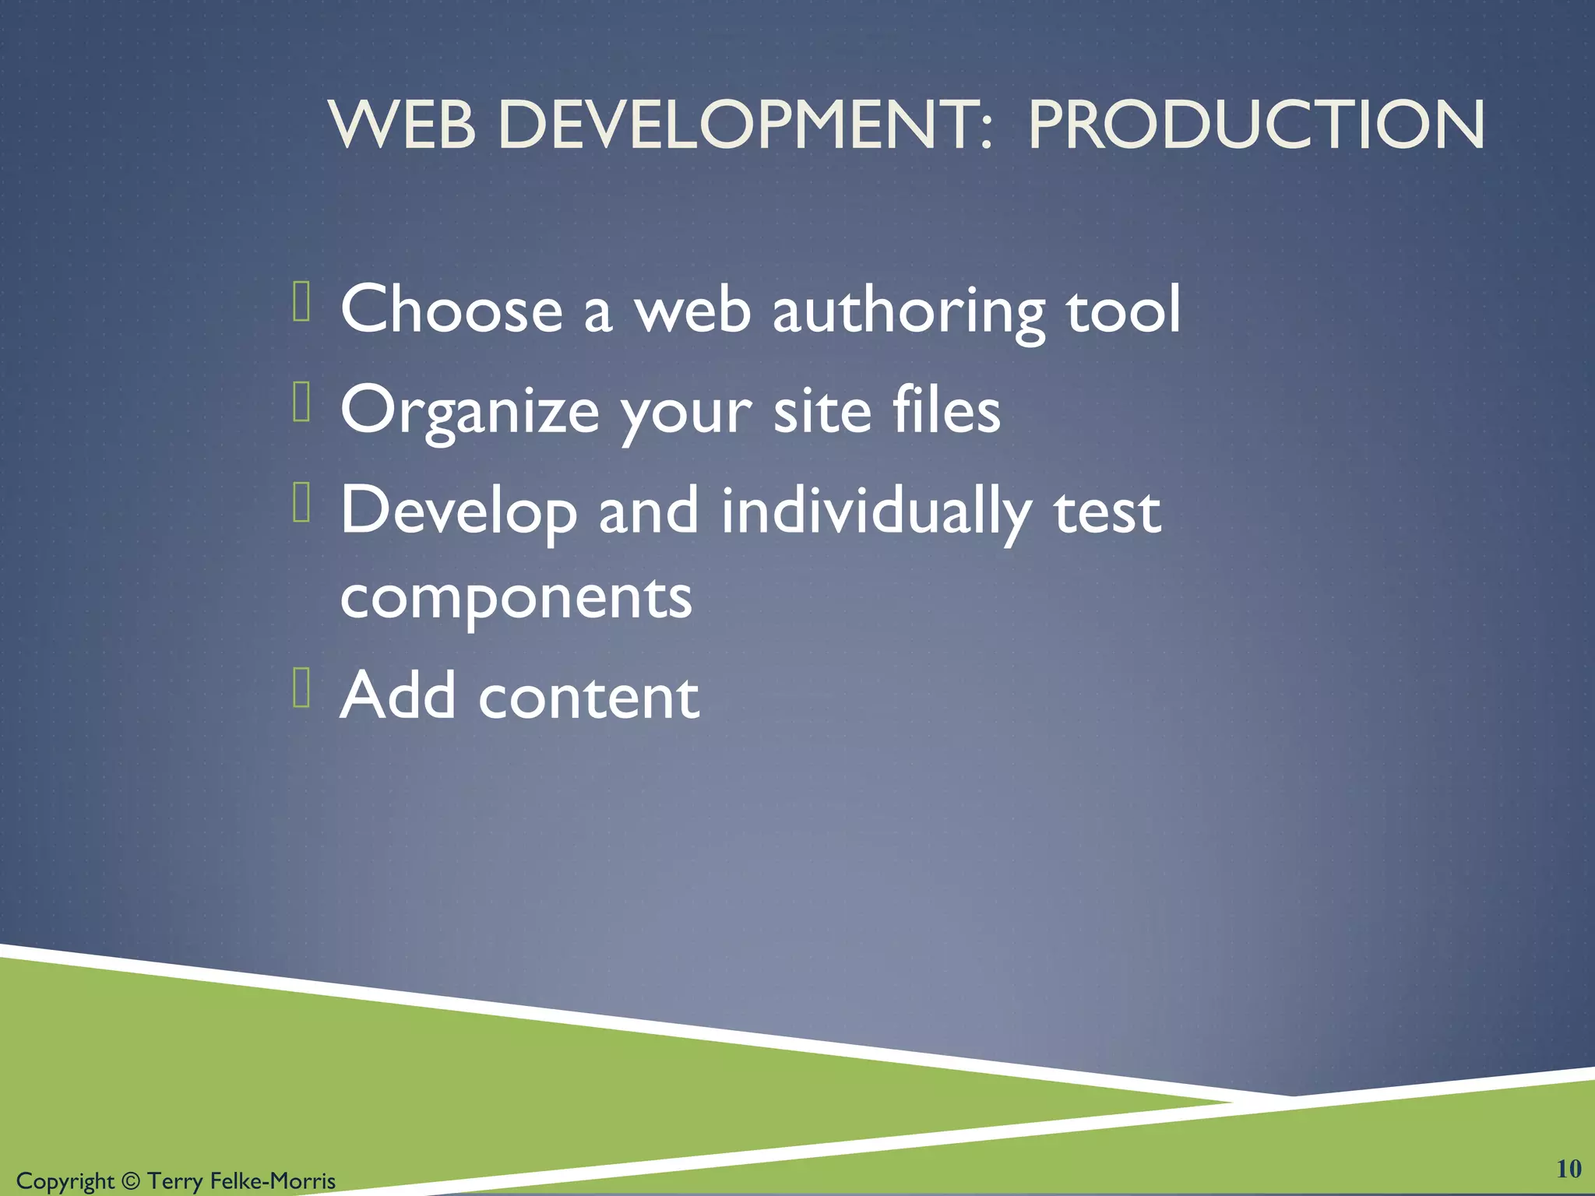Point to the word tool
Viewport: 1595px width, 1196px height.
[1123, 309]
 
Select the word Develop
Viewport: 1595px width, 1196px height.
[459, 512]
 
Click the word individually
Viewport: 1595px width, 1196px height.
[876, 512]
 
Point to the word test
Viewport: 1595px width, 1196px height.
[1107, 512]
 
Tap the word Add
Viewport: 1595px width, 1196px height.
[398, 695]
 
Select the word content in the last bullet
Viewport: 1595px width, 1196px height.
[589, 696]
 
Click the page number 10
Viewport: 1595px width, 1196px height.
[1569, 1169]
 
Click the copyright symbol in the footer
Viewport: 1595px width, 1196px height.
[130, 1181]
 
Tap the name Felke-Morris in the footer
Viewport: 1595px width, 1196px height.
[273, 1181]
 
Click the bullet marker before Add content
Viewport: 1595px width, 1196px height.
[302, 688]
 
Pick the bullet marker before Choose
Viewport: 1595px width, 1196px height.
[302, 301]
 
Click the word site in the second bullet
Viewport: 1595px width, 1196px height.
[822, 411]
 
